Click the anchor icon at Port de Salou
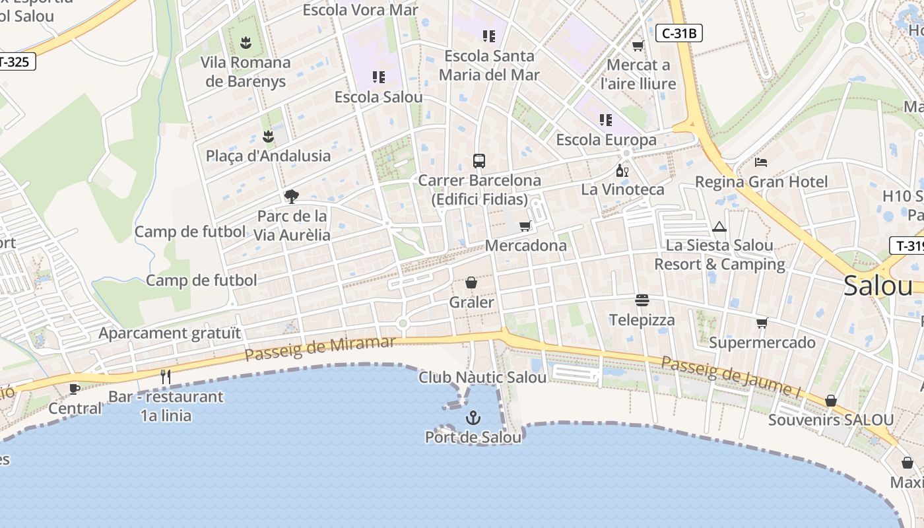pos(473,417)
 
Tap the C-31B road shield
pos(678,33)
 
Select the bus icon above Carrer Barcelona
pos(479,160)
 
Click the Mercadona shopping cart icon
pos(525,226)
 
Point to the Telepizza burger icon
pos(642,300)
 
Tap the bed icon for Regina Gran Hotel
pos(761,162)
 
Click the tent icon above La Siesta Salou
pos(719,227)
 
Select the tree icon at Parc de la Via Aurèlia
pos(291,196)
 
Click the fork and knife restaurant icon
pos(166,377)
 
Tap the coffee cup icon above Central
pos(75,389)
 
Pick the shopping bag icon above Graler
pos(471,282)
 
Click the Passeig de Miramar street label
pos(320,348)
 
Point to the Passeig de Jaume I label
pos(731,377)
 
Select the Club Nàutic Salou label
pos(482,378)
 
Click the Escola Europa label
pos(606,140)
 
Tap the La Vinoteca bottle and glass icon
pos(622,171)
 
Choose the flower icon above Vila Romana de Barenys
pos(246,43)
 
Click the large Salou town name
pos(878,286)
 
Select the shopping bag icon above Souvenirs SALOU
pos(831,401)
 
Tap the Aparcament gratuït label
pos(170,333)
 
